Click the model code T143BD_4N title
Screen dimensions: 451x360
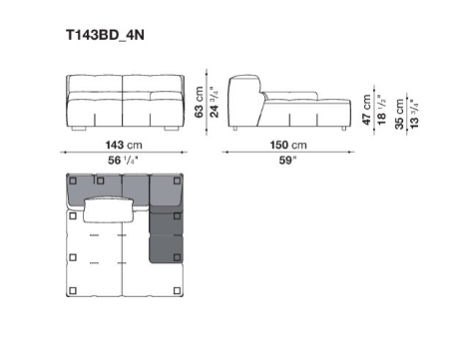click(105, 35)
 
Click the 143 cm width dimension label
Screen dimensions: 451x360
click(124, 145)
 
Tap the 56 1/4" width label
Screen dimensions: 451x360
click(123, 161)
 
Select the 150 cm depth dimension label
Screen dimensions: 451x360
click(288, 145)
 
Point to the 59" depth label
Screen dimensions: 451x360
click(287, 161)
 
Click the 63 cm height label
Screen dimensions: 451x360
click(199, 102)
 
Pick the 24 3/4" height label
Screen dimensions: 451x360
click(215, 102)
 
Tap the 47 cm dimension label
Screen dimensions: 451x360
click(366, 110)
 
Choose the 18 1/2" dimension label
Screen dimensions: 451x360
click(382, 110)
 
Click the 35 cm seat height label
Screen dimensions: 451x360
click(399, 114)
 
